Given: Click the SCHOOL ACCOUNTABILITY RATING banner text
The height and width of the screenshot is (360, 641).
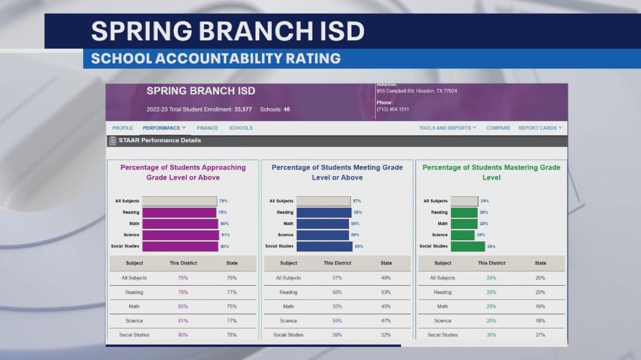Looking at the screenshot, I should point(216,59).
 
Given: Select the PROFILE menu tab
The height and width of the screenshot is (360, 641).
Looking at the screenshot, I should point(123,128).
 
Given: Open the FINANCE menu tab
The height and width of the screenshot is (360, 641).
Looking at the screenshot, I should point(207,128).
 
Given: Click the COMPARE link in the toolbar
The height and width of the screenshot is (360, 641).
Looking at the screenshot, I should point(498,128).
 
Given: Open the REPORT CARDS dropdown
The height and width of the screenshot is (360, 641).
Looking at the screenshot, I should point(540,128).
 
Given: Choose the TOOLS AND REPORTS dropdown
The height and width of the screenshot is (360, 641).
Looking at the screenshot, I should point(448,128).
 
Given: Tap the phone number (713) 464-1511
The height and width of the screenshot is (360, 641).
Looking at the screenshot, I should point(392,109).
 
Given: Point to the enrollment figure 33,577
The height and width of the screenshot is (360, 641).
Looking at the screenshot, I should point(243,110).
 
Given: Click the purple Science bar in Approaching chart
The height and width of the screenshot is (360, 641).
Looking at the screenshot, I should point(180,235).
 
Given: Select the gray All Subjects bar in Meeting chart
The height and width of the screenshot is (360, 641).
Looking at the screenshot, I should point(323,201).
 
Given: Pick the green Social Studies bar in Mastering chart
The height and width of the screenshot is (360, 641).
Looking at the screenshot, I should point(468,246).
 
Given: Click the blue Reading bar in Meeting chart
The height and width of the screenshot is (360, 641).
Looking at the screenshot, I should point(324,212).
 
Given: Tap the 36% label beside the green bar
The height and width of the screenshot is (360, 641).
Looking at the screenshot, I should point(491,246).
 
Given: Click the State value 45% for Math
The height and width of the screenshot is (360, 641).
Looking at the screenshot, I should point(386,307).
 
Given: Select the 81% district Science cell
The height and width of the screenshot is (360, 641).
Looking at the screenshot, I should point(183,321).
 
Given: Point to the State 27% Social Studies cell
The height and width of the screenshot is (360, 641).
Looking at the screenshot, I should point(540,335).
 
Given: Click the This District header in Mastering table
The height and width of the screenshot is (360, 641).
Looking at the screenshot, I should point(491,263).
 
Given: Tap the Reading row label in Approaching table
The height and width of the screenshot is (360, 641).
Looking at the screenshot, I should point(134,292).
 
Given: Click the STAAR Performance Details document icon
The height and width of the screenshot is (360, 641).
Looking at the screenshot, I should point(113,141).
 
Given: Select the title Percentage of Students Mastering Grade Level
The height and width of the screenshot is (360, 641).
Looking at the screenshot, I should point(491,172).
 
